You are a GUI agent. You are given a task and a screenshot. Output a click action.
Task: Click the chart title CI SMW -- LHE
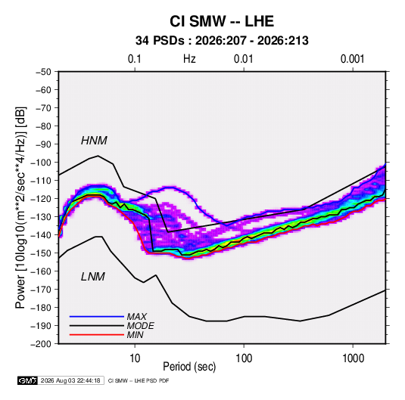click(x=222, y=21)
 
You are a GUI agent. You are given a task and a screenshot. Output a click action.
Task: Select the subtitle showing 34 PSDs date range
click(x=222, y=41)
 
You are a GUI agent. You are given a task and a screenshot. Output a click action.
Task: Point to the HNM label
click(x=94, y=141)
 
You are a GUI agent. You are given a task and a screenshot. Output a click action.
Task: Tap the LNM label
click(x=93, y=277)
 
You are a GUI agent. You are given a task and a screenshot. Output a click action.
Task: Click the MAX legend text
click(x=136, y=316)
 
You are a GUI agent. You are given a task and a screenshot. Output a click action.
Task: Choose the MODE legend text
click(x=141, y=326)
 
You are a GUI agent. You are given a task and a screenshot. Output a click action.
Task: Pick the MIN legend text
click(x=135, y=335)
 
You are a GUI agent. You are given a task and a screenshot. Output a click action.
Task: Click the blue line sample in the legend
click(x=97, y=316)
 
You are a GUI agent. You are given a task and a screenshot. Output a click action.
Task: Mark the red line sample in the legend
click(x=97, y=335)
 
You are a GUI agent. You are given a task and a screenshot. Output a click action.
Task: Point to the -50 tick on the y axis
click(x=43, y=72)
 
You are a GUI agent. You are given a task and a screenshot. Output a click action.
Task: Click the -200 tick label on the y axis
click(x=41, y=344)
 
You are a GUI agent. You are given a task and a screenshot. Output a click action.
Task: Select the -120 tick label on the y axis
click(x=41, y=199)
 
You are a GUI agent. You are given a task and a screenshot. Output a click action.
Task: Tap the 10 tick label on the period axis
click(x=135, y=358)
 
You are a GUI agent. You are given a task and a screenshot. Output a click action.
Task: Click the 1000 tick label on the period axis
click(x=353, y=358)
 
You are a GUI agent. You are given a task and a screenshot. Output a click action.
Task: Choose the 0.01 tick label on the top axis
click(x=243, y=59)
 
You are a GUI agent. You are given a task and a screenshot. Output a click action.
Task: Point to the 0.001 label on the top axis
click(x=352, y=59)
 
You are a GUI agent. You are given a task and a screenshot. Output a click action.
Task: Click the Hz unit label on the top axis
click(x=189, y=59)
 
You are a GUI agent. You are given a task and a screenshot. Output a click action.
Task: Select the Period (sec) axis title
click(x=189, y=367)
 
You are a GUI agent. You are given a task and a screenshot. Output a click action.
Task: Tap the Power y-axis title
click(x=20, y=208)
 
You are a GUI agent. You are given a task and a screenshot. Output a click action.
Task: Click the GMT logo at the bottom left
click(x=28, y=380)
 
